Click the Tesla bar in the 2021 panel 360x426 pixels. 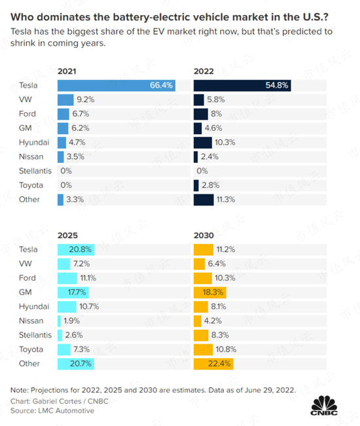pyautogui.click(x=117, y=86)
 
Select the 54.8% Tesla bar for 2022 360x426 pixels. pyautogui.click(x=242, y=86)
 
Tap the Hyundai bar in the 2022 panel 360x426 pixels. pyautogui.click(x=203, y=143)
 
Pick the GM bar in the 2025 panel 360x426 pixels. pyautogui.click(x=73, y=293)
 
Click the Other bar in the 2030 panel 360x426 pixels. pyautogui.click(x=213, y=364)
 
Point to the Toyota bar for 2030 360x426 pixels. pyautogui.click(x=203, y=349)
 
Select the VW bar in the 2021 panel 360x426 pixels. pyautogui.click(x=65, y=99)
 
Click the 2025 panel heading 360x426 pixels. pyautogui.click(x=67, y=236)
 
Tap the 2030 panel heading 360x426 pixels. pyautogui.click(x=204, y=236)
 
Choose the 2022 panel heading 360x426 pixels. pyautogui.click(x=204, y=71)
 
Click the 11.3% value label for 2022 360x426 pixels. pyautogui.click(x=226, y=200)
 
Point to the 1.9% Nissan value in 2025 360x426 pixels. pyautogui.click(x=72, y=321)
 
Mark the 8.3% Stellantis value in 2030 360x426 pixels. pyautogui.click(x=220, y=335)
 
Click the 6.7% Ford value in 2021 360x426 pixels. pyautogui.click(x=81, y=114)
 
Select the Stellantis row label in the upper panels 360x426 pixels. pyautogui.click(x=35, y=171)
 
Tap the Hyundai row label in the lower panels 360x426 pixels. pyautogui.click(x=34, y=307)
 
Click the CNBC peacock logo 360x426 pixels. pyautogui.click(x=324, y=405)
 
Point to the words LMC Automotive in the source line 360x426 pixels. pyautogui.click(x=66, y=411)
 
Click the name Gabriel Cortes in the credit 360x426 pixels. pyautogui.click(x=57, y=401)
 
